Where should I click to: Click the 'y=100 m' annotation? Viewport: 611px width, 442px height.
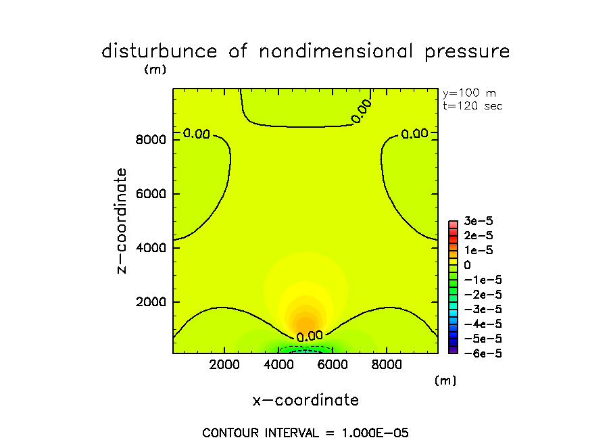(468, 93)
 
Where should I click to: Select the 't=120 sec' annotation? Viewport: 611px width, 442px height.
(472, 106)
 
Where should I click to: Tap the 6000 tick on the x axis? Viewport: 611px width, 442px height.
(332, 364)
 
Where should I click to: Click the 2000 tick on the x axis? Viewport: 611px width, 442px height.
(224, 364)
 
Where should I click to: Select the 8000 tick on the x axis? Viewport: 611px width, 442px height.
(386, 364)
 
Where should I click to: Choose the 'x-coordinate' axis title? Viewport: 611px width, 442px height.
(305, 400)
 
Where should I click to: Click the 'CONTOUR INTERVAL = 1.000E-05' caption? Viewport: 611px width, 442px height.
(305, 433)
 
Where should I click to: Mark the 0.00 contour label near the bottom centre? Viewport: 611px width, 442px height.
(310, 336)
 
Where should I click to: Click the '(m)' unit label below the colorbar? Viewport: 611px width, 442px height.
(445, 381)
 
